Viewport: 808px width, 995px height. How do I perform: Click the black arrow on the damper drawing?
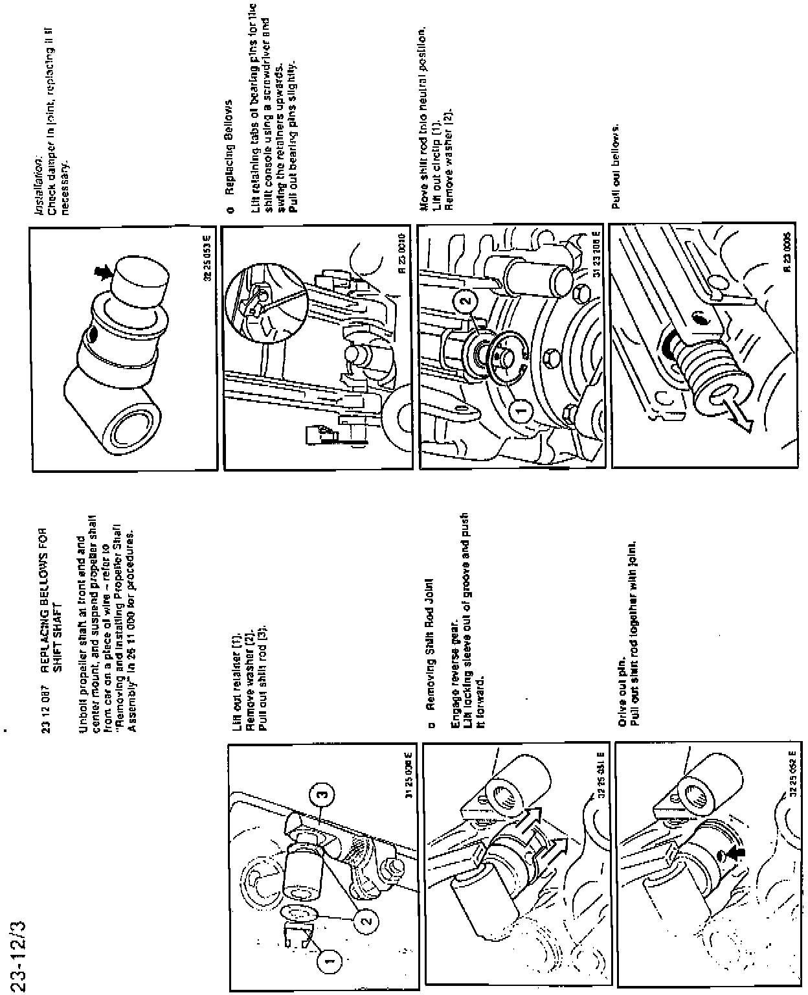tap(101, 275)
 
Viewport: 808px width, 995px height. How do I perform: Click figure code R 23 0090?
tap(402, 258)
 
